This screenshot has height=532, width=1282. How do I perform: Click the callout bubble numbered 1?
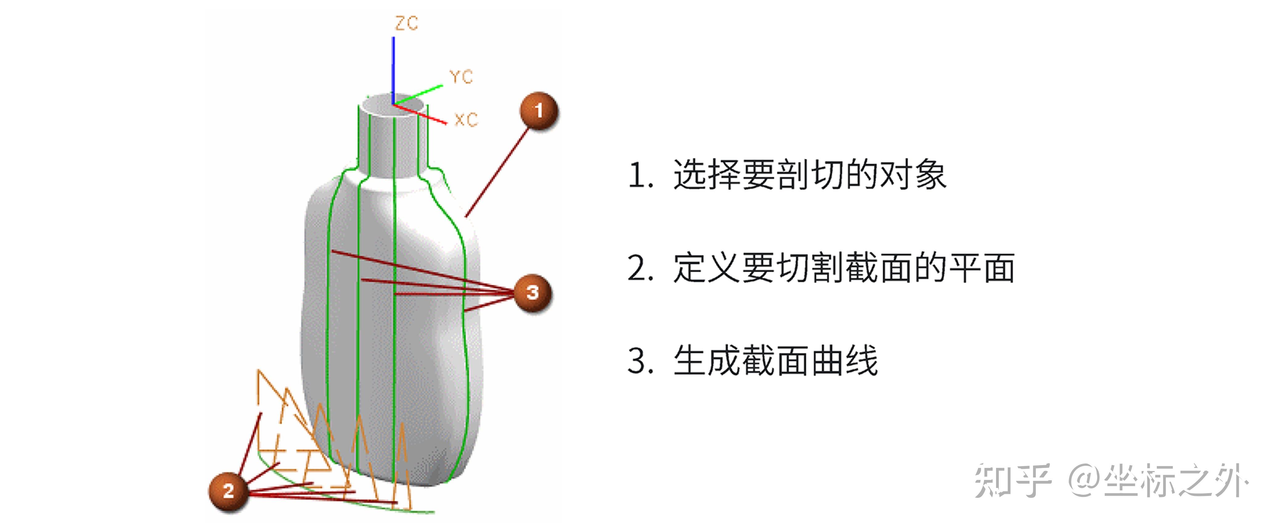(538, 111)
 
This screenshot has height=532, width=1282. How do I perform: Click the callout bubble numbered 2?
(228, 491)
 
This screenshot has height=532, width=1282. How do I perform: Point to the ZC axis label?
(406, 23)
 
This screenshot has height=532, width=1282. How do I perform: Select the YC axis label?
(460, 77)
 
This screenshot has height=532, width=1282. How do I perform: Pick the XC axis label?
(466, 120)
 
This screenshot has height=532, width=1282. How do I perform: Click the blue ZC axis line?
(393, 70)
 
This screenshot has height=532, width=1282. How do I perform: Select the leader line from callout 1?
(498, 172)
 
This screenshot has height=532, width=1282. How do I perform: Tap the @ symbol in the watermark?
(1085, 480)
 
